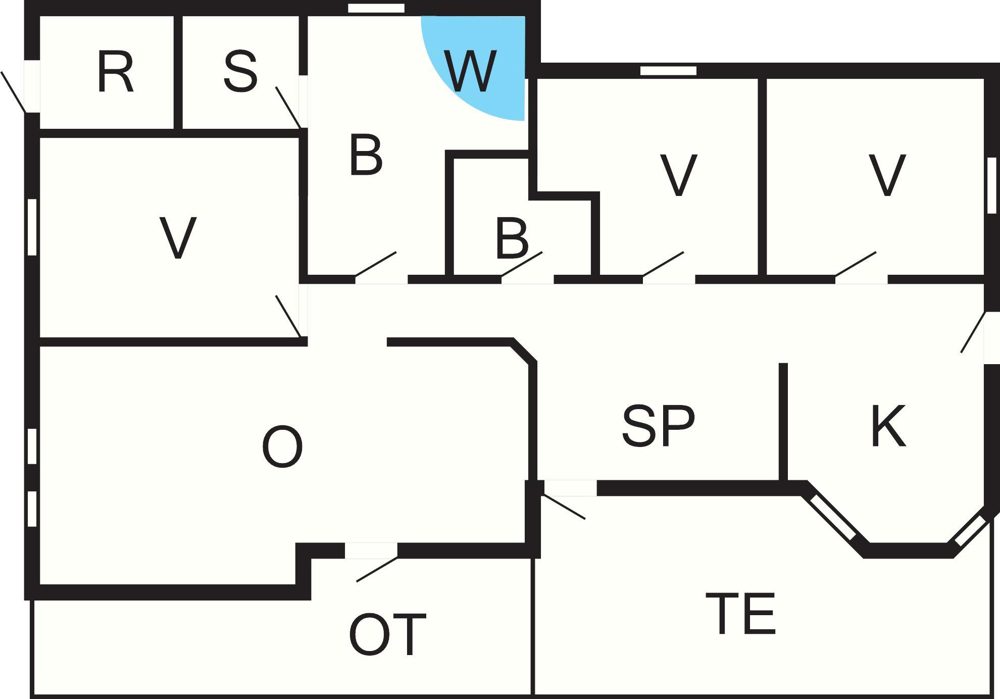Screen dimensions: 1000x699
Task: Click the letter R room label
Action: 115,72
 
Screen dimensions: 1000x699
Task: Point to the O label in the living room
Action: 282,446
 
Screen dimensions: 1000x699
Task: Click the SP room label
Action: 659,426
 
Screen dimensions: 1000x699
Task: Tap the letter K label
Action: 888,426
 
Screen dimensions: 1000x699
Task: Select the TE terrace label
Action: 740,614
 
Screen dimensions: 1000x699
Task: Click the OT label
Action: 388,634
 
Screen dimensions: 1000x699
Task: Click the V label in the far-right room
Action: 887,175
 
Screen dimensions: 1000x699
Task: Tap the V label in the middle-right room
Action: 678,175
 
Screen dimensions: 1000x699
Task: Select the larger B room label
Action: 366,155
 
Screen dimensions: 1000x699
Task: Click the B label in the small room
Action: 512,238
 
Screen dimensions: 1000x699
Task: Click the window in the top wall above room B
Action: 376,8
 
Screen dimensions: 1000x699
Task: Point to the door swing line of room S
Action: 288,108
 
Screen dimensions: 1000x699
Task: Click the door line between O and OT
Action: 377,569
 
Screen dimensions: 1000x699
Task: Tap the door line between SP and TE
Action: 564,507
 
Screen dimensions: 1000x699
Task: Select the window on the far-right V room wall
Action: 992,185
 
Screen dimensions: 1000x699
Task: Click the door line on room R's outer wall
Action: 13,92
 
